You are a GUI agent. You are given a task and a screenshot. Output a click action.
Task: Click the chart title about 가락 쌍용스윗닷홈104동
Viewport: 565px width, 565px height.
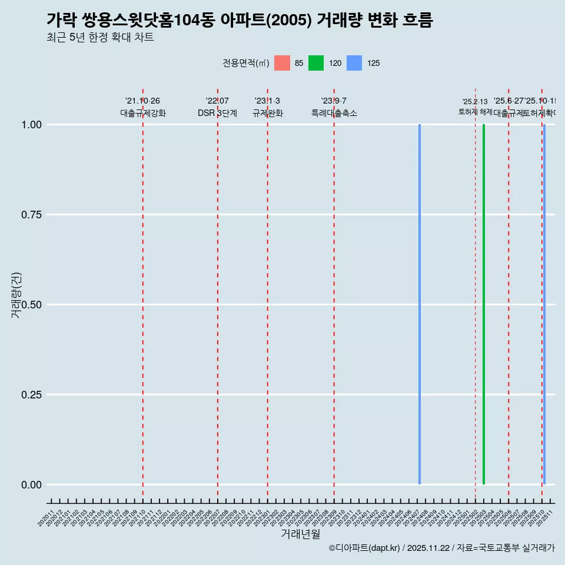click(x=240, y=21)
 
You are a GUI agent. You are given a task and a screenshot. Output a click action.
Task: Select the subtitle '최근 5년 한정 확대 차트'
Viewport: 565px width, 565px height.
click(x=100, y=38)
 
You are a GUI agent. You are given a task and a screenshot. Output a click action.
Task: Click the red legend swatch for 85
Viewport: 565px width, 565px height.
click(x=282, y=63)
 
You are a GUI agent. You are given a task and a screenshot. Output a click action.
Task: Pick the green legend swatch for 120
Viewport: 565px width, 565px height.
click(x=316, y=63)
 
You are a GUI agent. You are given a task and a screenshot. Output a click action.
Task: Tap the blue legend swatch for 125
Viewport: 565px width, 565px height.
click(x=354, y=63)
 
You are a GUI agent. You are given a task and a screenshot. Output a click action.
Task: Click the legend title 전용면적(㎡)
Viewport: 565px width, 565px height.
click(x=245, y=63)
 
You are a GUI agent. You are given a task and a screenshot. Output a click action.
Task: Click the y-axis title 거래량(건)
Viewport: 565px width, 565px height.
click(x=16, y=295)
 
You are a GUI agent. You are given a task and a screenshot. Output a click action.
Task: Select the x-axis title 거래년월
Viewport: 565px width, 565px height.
click(x=300, y=534)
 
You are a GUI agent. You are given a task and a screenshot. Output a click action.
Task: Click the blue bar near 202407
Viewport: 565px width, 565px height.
click(x=420, y=304)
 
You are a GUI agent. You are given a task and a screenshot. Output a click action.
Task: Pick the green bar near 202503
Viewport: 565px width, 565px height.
click(x=484, y=304)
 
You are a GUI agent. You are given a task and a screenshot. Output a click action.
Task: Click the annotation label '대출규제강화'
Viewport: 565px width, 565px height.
click(x=143, y=113)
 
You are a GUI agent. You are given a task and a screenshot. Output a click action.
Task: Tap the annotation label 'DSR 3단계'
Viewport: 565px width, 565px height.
click(x=217, y=113)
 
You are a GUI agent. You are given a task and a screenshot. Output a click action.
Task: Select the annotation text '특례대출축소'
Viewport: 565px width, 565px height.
click(x=334, y=113)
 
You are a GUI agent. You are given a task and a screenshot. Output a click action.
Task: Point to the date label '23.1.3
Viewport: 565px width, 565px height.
click(x=267, y=101)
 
